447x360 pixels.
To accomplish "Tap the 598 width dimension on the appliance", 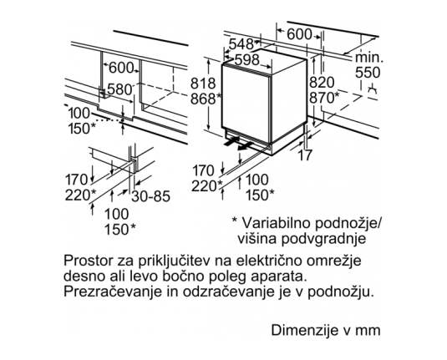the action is coord(246,60).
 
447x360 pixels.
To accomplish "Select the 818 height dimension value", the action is coord(203,84).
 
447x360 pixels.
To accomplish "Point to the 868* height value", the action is coord(206,99).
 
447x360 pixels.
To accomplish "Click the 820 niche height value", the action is coord(322,83).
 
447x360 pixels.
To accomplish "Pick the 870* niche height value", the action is coord(324,98).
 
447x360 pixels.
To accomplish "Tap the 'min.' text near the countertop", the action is coord(369,58).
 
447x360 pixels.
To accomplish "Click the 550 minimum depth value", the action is coord(368,73).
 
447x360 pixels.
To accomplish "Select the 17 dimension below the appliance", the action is coord(305,155).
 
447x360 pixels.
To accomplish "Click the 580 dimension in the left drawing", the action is coord(119,89).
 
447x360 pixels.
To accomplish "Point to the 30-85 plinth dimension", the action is coord(150,196).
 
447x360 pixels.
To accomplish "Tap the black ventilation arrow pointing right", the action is coord(232,141).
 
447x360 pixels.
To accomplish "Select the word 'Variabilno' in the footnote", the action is coord(276,223).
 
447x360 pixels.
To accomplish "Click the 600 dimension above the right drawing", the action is coord(299,34).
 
